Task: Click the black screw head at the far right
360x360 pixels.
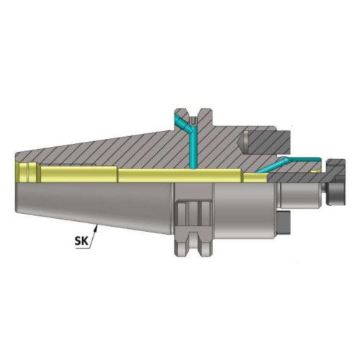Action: point(339,190)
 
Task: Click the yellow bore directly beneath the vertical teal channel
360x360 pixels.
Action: point(193,174)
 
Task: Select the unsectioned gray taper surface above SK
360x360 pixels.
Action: point(94,202)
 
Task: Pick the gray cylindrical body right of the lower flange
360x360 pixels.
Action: point(238,209)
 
